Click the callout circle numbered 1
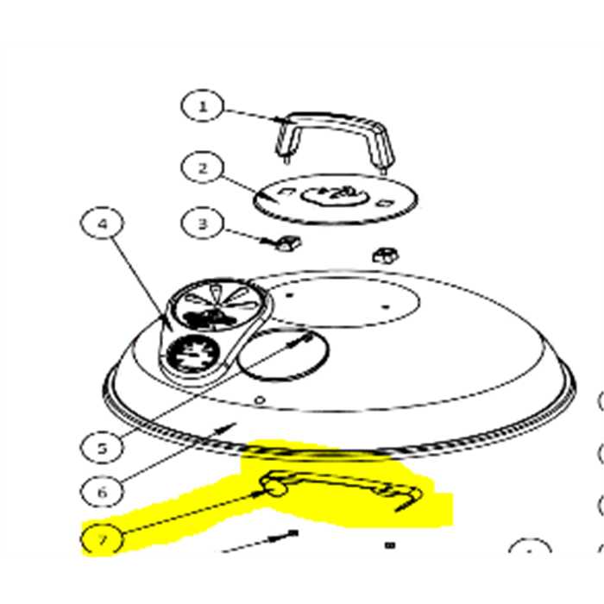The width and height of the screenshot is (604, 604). (x=202, y=106)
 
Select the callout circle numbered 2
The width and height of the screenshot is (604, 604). (x=202, y=168)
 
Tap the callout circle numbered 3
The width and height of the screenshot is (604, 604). (x=202, y=223)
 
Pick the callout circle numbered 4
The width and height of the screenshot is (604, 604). (x=102, y=223)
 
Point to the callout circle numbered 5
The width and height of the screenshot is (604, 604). (x=102, y=448)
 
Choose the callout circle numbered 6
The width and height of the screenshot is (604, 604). (x=102, y=492)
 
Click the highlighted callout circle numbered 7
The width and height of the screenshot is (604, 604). (x=102, y=539)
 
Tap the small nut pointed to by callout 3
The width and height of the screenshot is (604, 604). (x=288, y=243)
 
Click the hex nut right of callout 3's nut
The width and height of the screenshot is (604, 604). (x=385, y=255)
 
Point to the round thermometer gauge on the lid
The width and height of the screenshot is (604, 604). (x=192, y=353)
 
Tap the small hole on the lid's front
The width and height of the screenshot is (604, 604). (x=261, y=400)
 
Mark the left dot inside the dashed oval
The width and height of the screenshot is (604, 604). (x=290, y=295)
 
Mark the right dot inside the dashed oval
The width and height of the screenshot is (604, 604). (x=386, y=306)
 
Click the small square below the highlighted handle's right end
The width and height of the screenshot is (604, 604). (x=390, y=545)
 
